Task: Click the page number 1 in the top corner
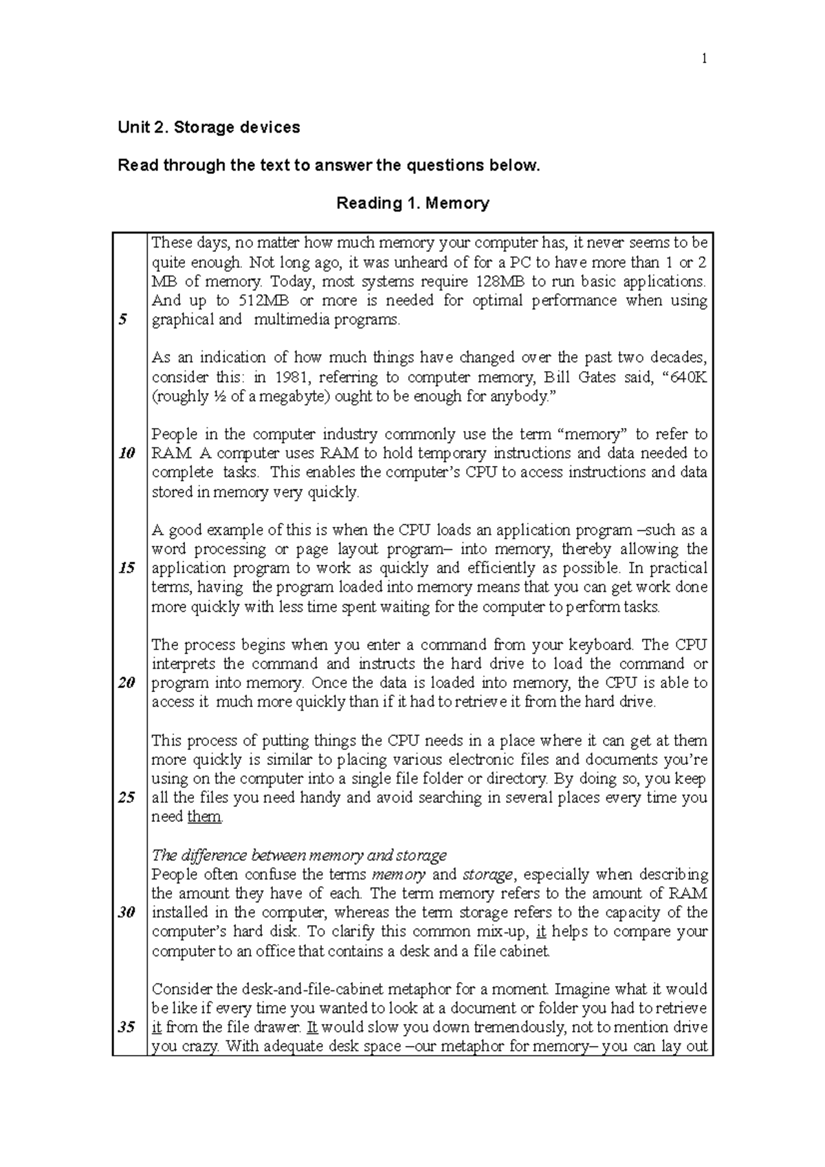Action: (703, 59)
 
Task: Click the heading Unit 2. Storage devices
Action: (209, 127)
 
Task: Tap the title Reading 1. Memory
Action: (412, 203)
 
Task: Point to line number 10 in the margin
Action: (126, 454)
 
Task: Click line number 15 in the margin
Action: (126, 568)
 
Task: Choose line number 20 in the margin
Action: (126, 683)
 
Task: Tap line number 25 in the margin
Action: (126, 798)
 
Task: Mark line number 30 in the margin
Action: (126, 913)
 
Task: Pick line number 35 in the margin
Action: (126, 1027)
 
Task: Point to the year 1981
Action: (291, 377)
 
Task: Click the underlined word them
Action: (204, 817)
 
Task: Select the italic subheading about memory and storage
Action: (298, 856)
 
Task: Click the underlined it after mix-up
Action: (540, 932)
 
